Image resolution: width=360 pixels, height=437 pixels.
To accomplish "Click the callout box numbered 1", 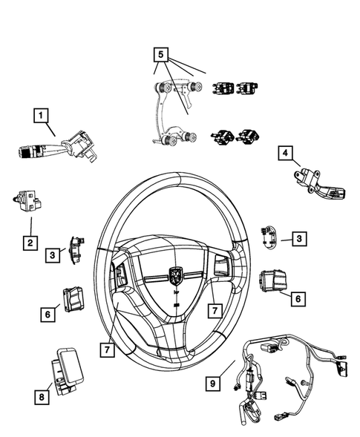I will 42,115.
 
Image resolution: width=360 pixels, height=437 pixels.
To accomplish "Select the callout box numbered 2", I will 30,243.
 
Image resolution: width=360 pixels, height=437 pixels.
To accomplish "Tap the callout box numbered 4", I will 284,154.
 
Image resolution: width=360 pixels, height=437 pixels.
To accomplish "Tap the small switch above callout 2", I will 27,200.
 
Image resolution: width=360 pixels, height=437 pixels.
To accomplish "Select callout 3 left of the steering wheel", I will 53,254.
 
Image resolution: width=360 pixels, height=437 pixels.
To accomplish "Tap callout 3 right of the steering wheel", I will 298,238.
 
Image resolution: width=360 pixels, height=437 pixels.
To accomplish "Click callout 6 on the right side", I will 298,298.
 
